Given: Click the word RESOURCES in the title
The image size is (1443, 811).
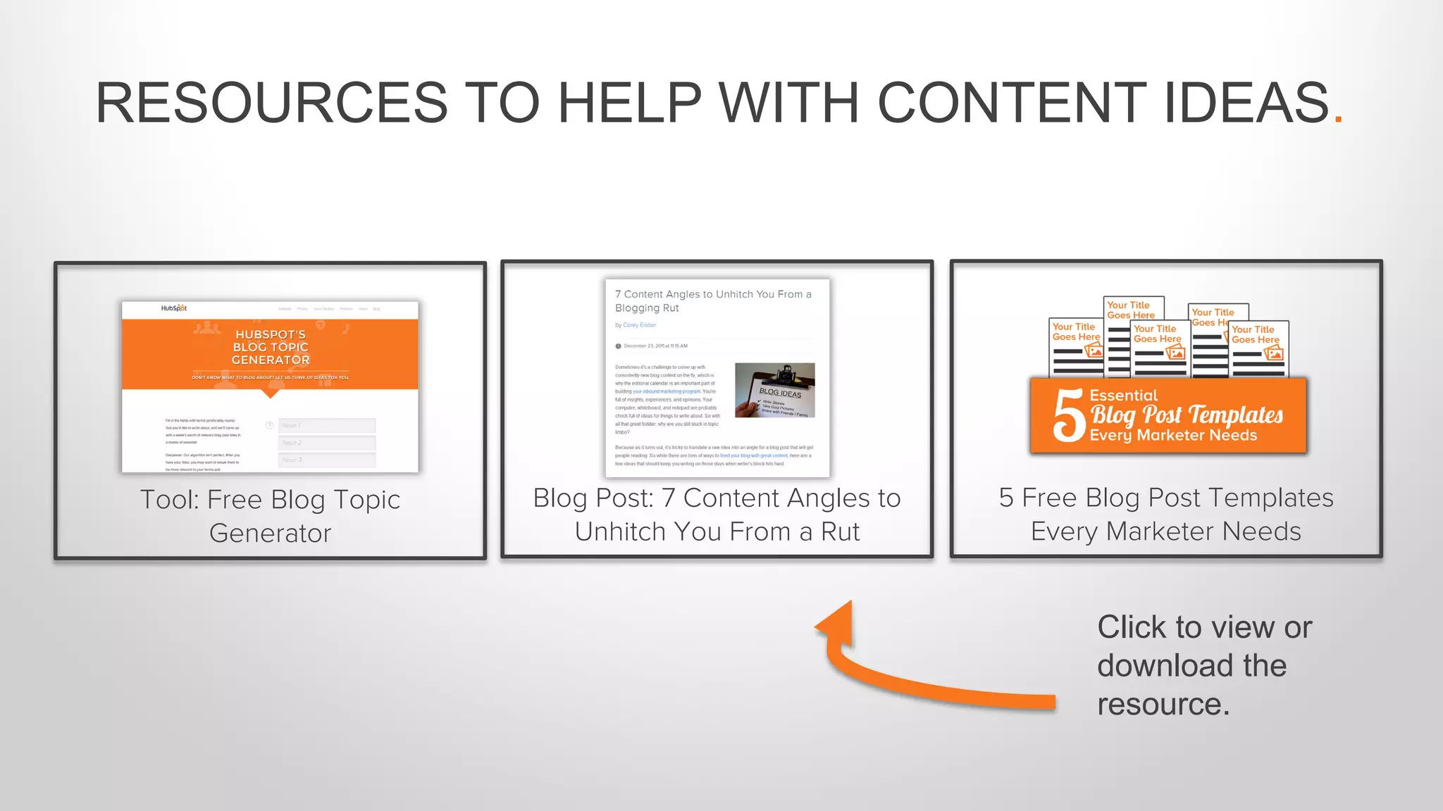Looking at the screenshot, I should [x=271, y=103].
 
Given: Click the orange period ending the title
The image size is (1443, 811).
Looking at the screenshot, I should [x=1338, y=120].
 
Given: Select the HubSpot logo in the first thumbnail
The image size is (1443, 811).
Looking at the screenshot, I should [x=173, y=308].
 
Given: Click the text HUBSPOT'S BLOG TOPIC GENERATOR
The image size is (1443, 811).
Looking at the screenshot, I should [x=271, y=347].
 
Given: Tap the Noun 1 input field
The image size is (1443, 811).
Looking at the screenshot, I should [x=327, y=425].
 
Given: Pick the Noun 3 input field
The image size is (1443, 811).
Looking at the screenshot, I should [x=327, y=460].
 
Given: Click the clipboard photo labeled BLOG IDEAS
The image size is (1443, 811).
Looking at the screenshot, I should [x=774, y=390].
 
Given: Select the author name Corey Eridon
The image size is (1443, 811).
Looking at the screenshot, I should [x=639, y=325].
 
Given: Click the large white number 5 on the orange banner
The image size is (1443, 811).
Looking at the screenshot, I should [x=1068, y=416].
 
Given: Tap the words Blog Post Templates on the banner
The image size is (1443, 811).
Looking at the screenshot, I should [x=1187, y=415].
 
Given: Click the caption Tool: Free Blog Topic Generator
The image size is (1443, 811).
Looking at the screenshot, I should [x=270, y=516].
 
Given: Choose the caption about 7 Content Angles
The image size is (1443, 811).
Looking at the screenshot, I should [x=717, y=515].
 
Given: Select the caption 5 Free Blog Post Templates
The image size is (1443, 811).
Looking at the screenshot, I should [x=1166, y=514].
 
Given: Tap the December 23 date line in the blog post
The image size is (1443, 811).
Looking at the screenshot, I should [x=655, y=346].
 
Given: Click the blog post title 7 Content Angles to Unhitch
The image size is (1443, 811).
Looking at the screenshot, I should [x=712, y=301].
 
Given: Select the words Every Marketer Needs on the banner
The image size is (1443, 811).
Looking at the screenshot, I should [x=1173, y=436].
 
